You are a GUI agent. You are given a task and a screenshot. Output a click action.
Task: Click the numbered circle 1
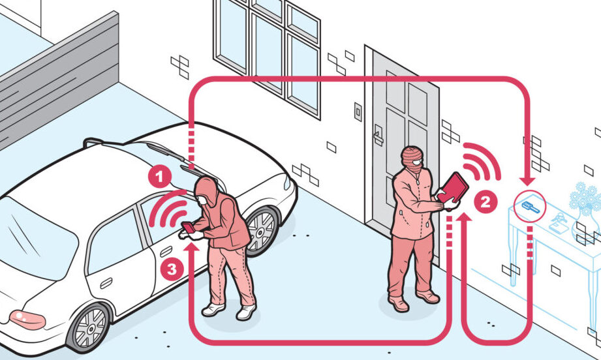coord(159,177)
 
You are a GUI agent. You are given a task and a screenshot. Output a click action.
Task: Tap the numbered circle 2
coord(485,202)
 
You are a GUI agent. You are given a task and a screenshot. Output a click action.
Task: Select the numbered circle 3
coord(172,269)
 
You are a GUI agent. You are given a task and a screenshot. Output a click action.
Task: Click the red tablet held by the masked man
coord(453,188)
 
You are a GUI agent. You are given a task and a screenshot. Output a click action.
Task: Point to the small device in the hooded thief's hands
coord(189,227)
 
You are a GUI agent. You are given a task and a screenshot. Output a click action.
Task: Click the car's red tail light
coord(27,320)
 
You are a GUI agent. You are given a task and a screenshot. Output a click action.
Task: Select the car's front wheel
coord(262,232)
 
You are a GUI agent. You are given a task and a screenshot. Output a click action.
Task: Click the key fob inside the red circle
coord(531,207)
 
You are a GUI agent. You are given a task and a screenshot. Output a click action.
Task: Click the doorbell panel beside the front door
coord(358,112)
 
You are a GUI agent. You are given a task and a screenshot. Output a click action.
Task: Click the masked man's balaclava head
coord(412,158)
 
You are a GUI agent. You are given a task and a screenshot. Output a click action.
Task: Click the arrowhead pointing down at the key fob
coord(530,179)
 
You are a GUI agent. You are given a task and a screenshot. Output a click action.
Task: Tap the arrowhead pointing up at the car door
coord(192,245)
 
